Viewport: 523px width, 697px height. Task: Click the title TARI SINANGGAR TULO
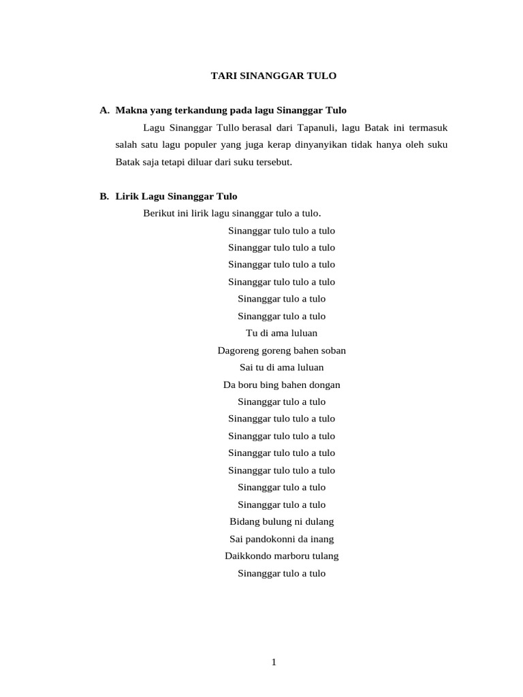273,76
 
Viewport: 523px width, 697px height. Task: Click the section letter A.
104,110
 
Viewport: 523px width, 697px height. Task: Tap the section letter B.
104,196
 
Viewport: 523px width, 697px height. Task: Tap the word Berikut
159,213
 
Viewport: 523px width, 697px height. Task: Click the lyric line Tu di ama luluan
281,333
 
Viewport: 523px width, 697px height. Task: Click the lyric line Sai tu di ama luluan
281,368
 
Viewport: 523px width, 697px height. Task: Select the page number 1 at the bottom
273,663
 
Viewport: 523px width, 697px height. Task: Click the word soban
333,351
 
